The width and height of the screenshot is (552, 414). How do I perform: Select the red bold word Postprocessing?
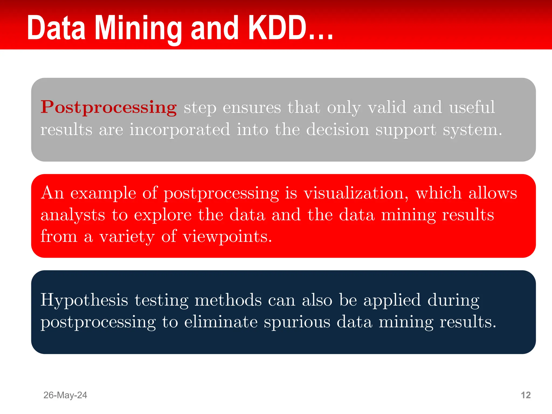point(109,108)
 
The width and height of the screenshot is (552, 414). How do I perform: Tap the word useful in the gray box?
point(472,107)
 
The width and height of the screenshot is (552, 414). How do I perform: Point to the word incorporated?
point(180,130)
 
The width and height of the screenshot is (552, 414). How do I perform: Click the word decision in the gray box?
point(337,130)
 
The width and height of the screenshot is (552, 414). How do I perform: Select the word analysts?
point(73,215)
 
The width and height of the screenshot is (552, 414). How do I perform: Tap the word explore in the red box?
point(163,215)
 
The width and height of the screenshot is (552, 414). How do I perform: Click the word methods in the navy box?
point(228,300)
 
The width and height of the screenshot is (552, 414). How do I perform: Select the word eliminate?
point(221,322)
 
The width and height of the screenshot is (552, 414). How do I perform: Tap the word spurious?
point(297,322)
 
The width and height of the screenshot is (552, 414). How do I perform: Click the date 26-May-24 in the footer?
point(65,395)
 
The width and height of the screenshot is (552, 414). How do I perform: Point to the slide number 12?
point(526,395)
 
